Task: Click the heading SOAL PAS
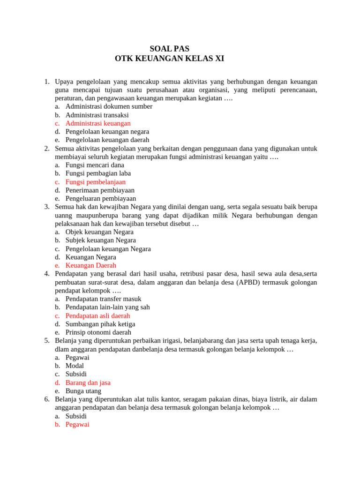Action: coord(169,48)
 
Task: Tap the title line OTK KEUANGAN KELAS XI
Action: coord(169,59)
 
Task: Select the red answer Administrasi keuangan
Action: coord(98,123)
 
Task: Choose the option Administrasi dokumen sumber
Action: coord(109,106)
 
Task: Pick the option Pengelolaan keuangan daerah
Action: coord(107,140)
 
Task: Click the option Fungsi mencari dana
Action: coord(95,165)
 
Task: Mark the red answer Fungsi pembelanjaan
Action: coord(96,182)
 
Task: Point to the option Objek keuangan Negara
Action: coord(99,232)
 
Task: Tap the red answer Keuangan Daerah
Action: coord(91,265)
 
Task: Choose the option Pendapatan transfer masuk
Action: coord(103,299)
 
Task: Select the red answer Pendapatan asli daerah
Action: coord(97,315)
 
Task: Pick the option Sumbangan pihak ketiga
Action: coord(100,324)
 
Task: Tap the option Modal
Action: coord(75,366)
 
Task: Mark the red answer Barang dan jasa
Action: coord(88,382)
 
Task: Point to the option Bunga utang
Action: coord(83,391)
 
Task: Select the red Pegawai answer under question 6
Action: coord(77,424)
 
